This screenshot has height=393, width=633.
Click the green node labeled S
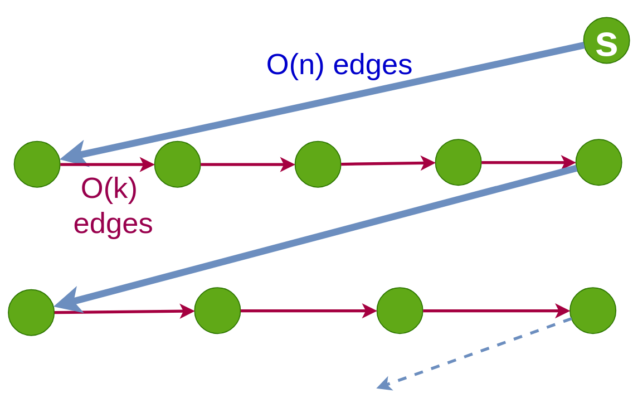click(x=606, y=41)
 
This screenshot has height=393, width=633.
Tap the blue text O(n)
click(x=295, y=65)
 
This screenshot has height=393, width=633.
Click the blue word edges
click(x=373, y=65)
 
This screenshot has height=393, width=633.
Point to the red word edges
click(x=113, y=224)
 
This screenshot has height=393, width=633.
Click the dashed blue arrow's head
click(x=384, y=384)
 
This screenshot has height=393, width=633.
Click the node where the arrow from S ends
click(x=37, y=164)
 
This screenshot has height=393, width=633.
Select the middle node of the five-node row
click(x=318, y=164)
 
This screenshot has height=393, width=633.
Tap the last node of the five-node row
click(x=598, y=162)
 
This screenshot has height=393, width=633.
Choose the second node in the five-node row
click(x=177, y=164)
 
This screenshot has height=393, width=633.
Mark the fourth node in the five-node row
click(x=458, y=162)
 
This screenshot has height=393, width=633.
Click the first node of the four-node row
click(x=31, y=312)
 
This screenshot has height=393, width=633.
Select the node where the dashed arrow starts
click(x=593, y=310)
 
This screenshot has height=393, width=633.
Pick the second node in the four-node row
click(x=217, y=310)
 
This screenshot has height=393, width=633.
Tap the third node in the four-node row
click(x=400, y=310)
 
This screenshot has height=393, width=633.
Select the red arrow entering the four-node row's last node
click(x=496, y=310)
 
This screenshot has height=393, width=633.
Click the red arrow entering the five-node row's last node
click(x=528, y=163)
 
